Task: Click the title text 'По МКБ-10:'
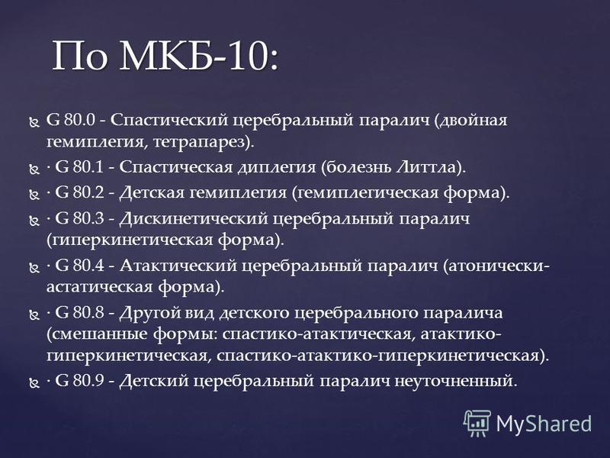coord(165,55)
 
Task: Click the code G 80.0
coord(70,120)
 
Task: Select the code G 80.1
coord(79,167)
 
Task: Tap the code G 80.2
coord(79,192)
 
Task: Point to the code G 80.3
coord(79,218)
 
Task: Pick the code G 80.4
coord(79,266)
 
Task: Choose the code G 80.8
coord(79,313)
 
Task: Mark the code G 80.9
coord(79,380)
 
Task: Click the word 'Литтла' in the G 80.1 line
coord(426,167)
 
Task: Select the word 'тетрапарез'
coord(201,142)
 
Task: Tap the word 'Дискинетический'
coord(194,218)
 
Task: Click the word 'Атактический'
coord(178,266)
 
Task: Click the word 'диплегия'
coord(277,168)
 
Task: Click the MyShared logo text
coord(544,424)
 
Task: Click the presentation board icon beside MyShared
coord(477,423)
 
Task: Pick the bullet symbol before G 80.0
coord(34,122)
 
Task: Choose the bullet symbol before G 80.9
coord(34,383)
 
